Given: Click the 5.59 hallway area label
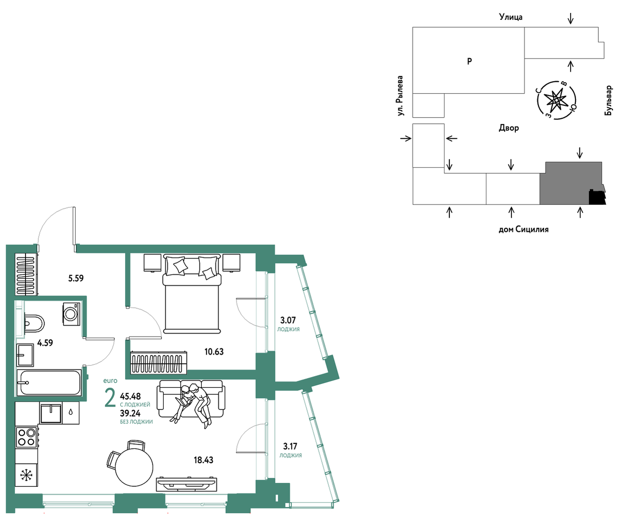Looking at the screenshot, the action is point(76,278).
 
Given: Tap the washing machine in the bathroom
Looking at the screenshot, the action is point(72,314).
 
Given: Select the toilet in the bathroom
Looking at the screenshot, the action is point(34,323).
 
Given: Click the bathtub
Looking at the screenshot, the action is point(49,383).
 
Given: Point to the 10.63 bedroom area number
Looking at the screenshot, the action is point(214,352).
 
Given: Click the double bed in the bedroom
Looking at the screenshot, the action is point(192,294).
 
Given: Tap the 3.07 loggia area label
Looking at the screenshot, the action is point(288,320).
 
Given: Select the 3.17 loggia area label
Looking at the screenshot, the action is point(290,446).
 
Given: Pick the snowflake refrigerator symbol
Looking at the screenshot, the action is point(26,475).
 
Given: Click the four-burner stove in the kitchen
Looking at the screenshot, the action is point(26,437).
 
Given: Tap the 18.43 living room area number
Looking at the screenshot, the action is point(203,460).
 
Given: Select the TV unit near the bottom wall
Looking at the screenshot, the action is point(186,484).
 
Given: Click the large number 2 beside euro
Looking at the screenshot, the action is point(110,397).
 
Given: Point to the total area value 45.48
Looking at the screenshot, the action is point(130,396).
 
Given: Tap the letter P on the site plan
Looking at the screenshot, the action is point(469,61).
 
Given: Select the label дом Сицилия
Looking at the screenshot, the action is point(523,230).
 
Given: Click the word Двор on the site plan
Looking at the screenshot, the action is point(509,128).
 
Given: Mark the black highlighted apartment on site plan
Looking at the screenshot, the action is point(597,198).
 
